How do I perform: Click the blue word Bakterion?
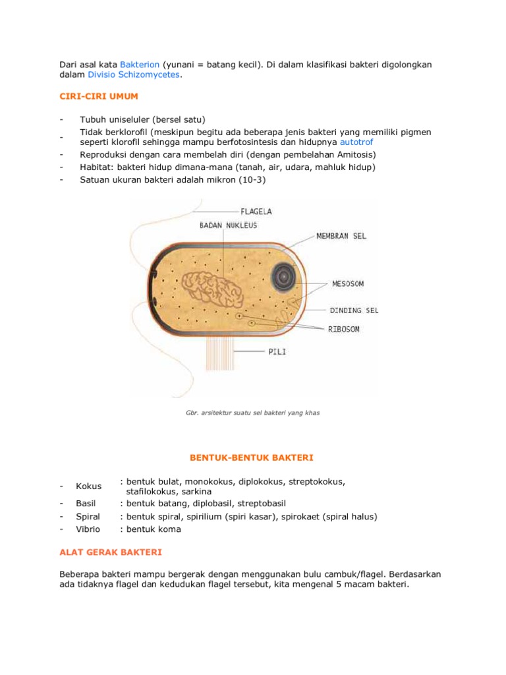(x=140, y=65)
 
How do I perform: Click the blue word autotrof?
(x=361, y=142)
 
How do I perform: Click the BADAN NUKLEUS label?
(x=228, y=225)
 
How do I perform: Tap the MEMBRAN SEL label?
(x=341, y=235)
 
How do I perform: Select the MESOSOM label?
(x=348, y=284)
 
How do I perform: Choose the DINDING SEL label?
(x=354, y=310)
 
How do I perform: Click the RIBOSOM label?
(x=344, y=330)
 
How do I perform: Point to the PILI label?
(x=277, y=351)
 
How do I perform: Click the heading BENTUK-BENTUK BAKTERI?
(x=252, y=457)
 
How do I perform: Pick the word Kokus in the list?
(x=89, y=486)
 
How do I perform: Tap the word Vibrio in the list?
(x=88, y=529)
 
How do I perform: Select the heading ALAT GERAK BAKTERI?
(x=110, y=551)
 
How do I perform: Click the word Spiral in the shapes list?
(x=88, y=516)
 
